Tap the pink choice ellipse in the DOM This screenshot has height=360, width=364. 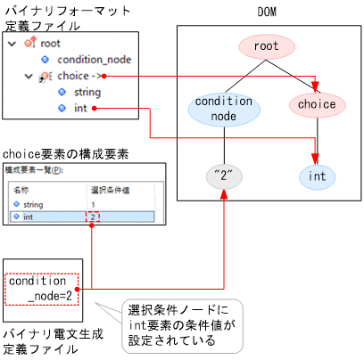[317, 104]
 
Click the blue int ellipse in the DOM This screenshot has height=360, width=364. [317, 176]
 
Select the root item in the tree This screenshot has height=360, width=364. [52, 43]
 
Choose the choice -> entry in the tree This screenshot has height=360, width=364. [79, 76]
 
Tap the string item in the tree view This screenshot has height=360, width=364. [87, 92]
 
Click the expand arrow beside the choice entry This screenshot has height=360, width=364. [29, 76]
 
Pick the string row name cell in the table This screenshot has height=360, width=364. [27, 204]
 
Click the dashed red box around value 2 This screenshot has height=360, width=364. [93, 216]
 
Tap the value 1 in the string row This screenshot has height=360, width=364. [93, 204]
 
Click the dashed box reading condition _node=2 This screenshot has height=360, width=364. [41, 288]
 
